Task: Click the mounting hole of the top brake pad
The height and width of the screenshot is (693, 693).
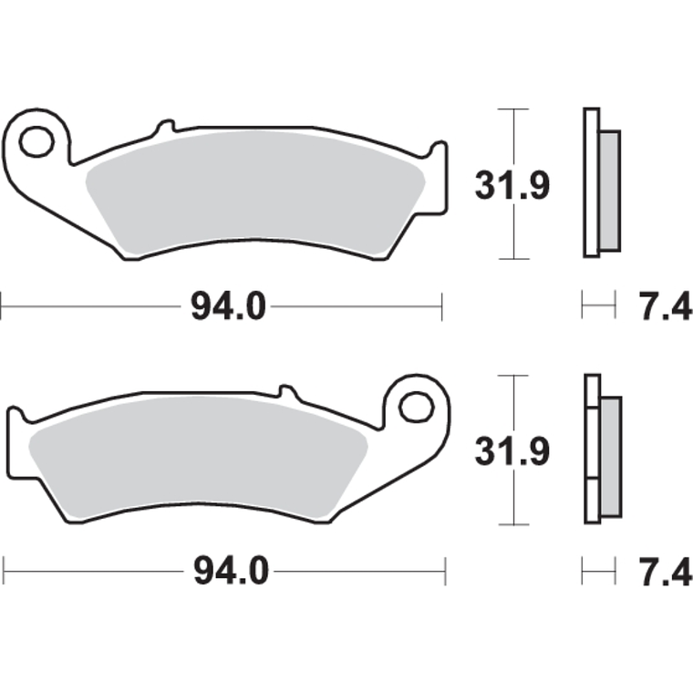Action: pos(37,141)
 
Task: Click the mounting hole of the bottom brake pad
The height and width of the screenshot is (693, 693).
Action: pos(417,406)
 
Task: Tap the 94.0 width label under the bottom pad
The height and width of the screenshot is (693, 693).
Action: pos(230,572)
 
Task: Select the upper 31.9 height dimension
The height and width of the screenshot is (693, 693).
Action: pos(512,186)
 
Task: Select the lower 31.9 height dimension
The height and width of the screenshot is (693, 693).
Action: pos(512,450)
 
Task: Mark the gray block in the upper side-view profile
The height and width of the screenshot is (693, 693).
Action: pos(609,191)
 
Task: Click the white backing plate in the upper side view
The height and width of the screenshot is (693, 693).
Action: pos(591,182)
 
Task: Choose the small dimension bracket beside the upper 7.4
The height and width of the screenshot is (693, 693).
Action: pos(599,305)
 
